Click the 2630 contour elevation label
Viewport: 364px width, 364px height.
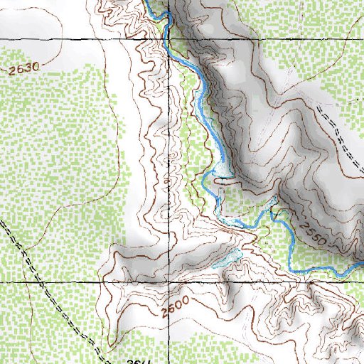tap(24, 69)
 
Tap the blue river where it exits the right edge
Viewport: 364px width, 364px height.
tap(361, 265)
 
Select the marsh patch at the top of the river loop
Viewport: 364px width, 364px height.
tap(223, 170)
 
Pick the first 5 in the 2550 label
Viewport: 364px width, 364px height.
tap(307, 230)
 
